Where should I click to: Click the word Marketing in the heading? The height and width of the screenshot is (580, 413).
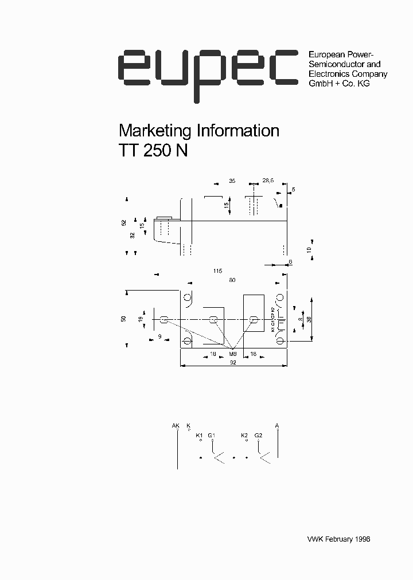(x=154, y=131)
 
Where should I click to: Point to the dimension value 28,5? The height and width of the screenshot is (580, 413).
(x=268, y=181)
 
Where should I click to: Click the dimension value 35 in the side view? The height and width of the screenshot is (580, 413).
(x=232, y=181)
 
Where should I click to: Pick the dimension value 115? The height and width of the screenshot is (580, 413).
(x=217, y=271)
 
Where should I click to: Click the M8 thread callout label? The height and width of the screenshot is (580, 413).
(x=233, y=354)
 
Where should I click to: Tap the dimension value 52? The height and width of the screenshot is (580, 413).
(x=124, y=222)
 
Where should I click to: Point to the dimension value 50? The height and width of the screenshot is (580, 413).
(x=124, y=319)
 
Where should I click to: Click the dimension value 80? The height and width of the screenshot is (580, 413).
(x=232, y=280)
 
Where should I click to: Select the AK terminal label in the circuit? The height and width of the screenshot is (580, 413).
(x=176, y=425)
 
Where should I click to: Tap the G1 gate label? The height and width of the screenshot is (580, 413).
(x=211, y=436)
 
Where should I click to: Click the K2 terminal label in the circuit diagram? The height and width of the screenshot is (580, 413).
(x=244, y=436)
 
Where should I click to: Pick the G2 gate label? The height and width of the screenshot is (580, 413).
(x=258, y=436)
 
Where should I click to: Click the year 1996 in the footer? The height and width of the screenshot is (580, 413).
(x=363, y=539)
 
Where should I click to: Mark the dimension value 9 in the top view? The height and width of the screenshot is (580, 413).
(x=159, y=336)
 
